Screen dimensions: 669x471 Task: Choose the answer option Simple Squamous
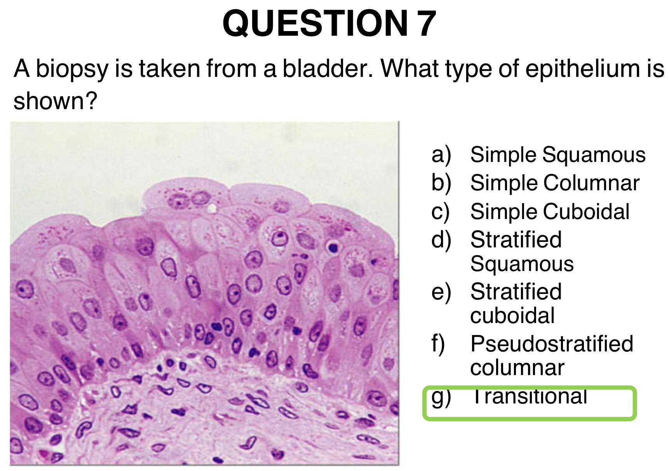pyautogui.click(x=558, y=155)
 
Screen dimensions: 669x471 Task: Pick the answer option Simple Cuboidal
pyautogui.click(x=550, y=212)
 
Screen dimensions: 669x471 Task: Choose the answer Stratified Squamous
pyautogui.click(x=522, y=252)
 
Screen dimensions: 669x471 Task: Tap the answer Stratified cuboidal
pyautogui.click(x=516, y=304)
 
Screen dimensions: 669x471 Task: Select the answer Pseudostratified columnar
pyautogui.click(x=552, y=355)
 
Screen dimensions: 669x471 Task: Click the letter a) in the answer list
pyautogui.click(x=441, y=155)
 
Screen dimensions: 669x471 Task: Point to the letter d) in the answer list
pyautogui.click(x=441, y=240)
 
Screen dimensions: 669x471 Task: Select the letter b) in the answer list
pyautogui.click(x=441, y=183)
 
